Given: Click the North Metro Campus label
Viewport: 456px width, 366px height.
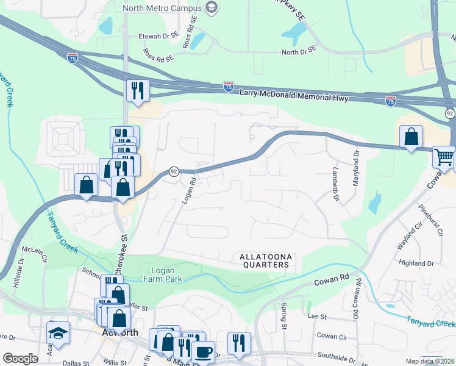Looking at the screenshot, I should [162, 8].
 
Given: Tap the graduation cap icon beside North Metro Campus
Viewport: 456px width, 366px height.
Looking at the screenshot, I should [212, 8].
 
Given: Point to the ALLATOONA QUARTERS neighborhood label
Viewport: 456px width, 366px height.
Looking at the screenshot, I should [264, 261].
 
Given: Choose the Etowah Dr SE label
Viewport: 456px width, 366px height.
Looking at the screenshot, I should [159, 36].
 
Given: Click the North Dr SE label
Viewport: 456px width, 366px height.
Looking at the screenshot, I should [299, 51].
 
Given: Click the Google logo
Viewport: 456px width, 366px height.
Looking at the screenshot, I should [20, 359].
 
